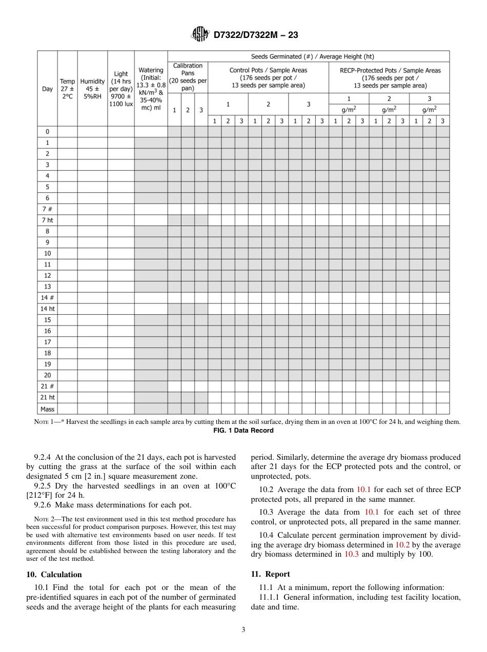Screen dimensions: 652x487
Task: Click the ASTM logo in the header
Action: click(200, 35)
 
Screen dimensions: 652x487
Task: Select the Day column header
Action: click(47, 89)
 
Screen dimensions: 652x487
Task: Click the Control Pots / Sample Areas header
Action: click(268, 78)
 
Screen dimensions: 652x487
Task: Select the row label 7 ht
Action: click(47, 220)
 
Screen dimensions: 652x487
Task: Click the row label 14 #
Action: click(47, 298)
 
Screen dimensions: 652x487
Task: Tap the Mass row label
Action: click(47, 409)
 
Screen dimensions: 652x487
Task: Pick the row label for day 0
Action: click(47, 132)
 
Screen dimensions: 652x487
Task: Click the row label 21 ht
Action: click(47, 398)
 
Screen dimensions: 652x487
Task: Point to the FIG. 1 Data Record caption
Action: click(243, 431)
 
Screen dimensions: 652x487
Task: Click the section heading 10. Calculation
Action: click(54, 574)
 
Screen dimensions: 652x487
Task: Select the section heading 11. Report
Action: click(270, 574)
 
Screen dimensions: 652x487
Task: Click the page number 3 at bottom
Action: click(243, 630)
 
